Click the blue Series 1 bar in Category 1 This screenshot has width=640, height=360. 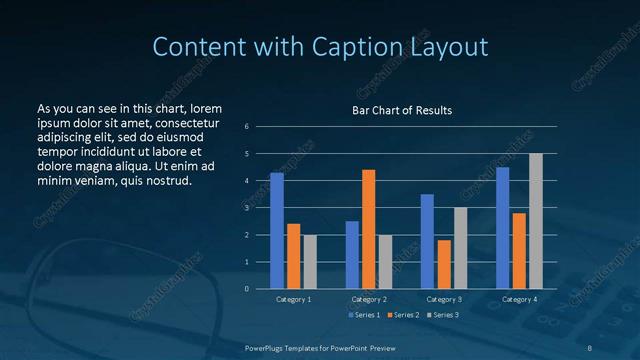(277, 231)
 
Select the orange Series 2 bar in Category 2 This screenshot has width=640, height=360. (368, 229)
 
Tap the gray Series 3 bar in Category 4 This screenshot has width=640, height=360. (536, 221)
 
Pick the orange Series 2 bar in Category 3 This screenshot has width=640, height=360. (443, 264)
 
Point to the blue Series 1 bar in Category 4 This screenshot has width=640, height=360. (502, 228)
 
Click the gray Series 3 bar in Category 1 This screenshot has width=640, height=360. (310, 262)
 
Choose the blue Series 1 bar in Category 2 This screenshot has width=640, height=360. (352, 255)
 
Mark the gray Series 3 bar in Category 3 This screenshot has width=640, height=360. (460, 248)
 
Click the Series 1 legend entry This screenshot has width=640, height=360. (364, 315)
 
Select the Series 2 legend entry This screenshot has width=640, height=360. (404, 315)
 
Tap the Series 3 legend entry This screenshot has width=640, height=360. (443, 315)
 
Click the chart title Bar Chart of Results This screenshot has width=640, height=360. (402, 110)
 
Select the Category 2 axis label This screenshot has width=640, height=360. (368, 299)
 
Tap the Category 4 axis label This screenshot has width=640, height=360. (519, 299)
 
